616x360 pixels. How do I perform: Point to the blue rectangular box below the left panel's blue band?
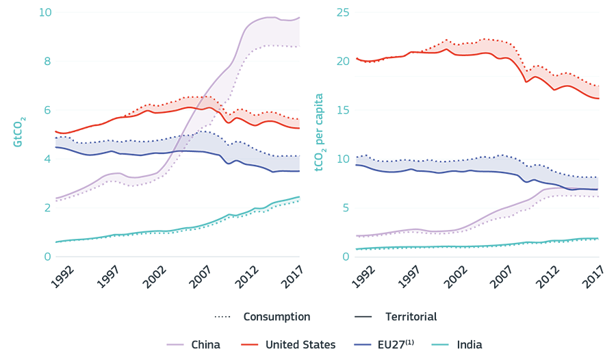(264, 172)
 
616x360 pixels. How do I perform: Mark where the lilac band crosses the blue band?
(182, 142)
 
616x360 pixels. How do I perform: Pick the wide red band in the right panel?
(445, 48)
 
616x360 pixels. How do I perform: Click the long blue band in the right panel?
(465, 175)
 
